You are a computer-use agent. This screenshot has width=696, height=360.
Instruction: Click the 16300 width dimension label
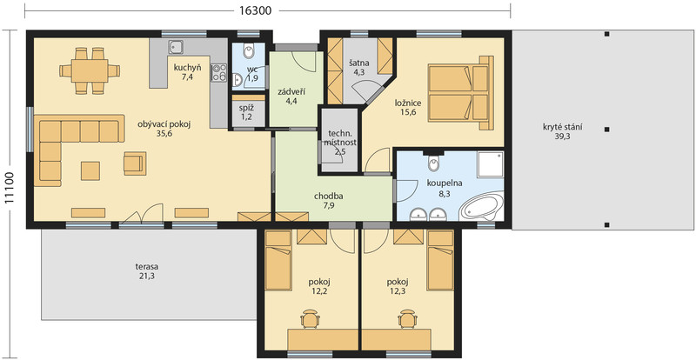coord(255,10)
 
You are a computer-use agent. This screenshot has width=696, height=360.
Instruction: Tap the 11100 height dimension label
coord(10,187)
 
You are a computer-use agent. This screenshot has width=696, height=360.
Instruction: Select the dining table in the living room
coord(90,70)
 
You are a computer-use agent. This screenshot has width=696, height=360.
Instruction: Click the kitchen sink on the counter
coord(177,47)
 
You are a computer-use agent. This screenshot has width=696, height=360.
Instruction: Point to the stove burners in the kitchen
coord(219,73)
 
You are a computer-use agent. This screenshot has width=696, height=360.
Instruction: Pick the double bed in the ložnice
coord(460,93)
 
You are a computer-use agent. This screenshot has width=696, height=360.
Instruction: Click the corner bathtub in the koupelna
coord(483,206)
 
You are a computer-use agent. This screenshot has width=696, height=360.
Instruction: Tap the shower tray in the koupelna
coord(490,163)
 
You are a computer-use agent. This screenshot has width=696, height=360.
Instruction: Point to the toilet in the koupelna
coord(433,163)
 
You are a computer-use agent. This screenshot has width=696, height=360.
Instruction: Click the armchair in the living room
coord(135,163)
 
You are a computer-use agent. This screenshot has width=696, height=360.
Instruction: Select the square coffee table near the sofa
coord(90,171)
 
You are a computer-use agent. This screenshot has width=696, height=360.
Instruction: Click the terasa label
coord(147,267)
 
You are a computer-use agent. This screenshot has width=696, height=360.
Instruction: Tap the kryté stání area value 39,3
coord(562,137)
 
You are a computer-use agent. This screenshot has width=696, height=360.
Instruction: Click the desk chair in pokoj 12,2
coord(310,319)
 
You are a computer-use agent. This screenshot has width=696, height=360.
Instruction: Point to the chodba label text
coord(329,197)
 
